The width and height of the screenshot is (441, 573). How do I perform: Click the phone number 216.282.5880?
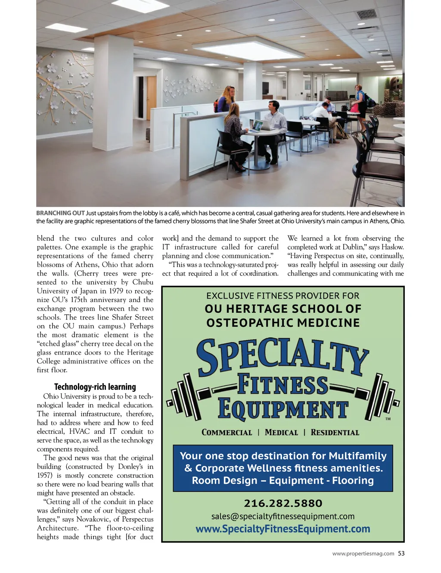coord(283,503)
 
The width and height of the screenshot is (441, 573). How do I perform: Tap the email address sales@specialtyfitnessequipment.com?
coord(283,516)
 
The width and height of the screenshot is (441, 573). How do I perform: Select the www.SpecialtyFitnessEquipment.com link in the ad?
coord(283,529)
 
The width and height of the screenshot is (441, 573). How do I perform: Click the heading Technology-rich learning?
coord(95,386)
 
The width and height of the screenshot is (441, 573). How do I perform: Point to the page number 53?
coord(401,553)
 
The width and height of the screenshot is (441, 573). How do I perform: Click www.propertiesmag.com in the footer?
coord(363,554)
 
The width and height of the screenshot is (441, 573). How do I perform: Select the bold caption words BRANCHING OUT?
coord(60,213)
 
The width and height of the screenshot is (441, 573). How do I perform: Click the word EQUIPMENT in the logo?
coord(283,408)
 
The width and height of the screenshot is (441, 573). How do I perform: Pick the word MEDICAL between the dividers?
coord(281,432)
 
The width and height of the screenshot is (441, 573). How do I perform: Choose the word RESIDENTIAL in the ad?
coord(335,432)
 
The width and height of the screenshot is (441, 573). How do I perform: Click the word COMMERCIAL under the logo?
coord(227,432)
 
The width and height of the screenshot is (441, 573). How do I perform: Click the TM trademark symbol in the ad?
coord(388,419)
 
